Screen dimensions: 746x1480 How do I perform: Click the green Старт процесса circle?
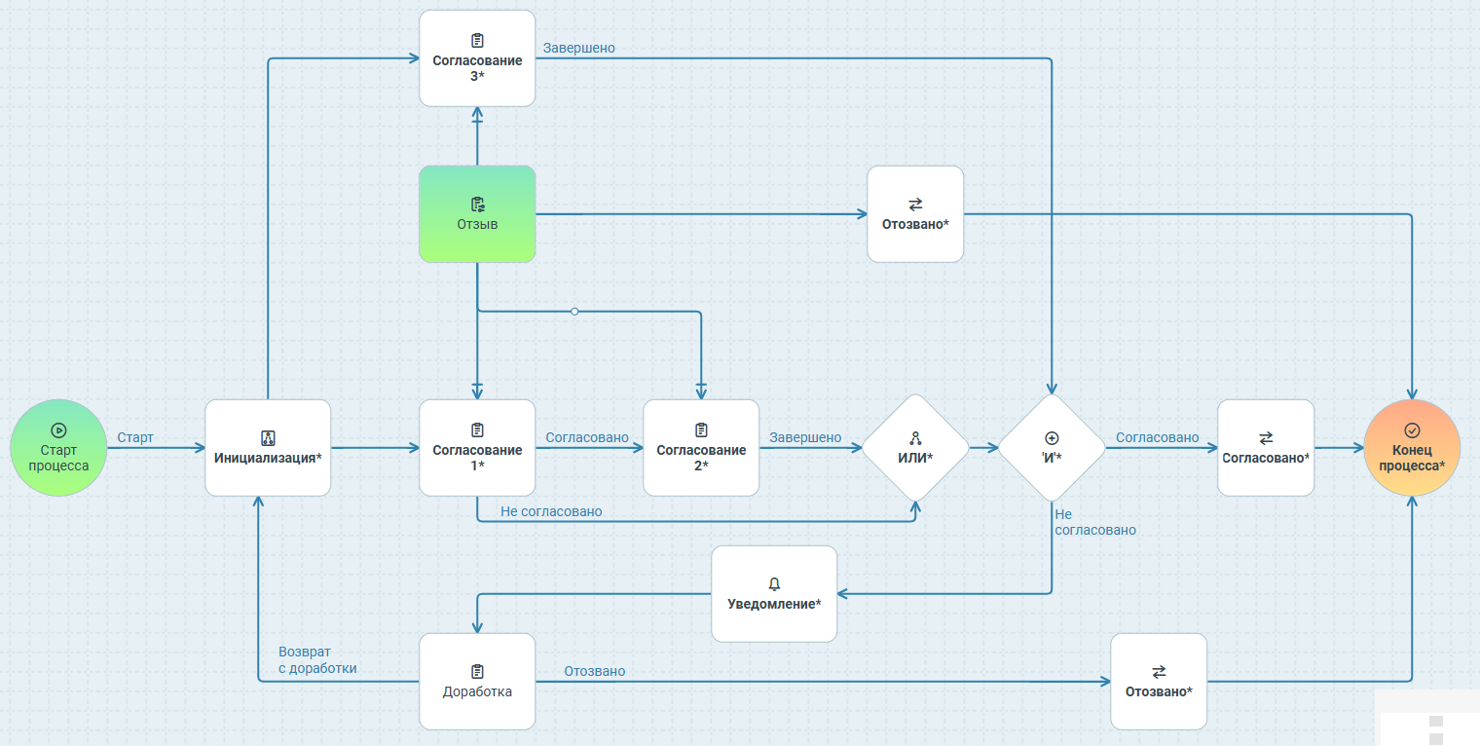58,448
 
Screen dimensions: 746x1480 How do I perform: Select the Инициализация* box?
268,448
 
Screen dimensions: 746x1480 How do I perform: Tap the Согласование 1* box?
477,448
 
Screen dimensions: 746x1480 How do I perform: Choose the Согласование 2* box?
701,448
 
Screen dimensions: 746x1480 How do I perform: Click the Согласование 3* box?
477,58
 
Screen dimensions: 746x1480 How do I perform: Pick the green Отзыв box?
477,214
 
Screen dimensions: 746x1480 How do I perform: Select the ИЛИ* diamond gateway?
915,448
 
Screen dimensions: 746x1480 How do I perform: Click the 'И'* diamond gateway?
1052,448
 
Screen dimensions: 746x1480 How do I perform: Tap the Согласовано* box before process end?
1266,448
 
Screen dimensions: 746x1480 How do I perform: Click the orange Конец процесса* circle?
1412,448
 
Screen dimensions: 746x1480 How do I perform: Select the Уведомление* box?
774,594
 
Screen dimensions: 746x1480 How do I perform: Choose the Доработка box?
477,682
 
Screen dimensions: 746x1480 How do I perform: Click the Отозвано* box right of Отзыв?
915,214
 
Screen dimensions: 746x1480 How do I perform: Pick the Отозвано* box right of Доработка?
1159,682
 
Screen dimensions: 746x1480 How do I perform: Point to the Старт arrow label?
135,438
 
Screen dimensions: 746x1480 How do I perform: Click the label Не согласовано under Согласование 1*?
551,512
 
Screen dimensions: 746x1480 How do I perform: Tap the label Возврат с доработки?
317,660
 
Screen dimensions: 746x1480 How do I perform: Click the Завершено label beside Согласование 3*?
578,48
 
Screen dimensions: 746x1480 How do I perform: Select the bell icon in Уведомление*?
774,584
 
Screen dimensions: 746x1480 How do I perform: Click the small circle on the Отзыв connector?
574,312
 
